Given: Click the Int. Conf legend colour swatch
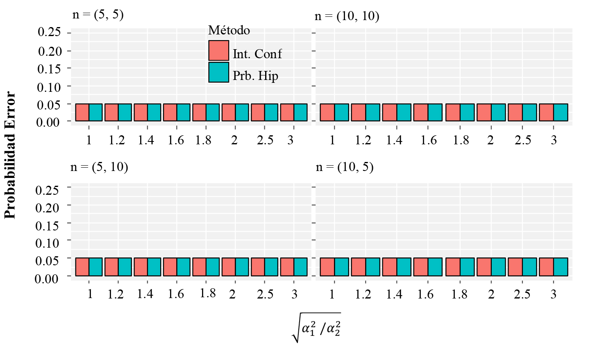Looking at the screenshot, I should coord(218,50).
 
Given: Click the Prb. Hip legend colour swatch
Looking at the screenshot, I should coord(218,72).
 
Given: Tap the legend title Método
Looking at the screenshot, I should coord(229,30).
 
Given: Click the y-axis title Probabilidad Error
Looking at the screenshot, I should coord(10,155).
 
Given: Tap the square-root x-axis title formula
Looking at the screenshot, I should coord(316,328).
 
